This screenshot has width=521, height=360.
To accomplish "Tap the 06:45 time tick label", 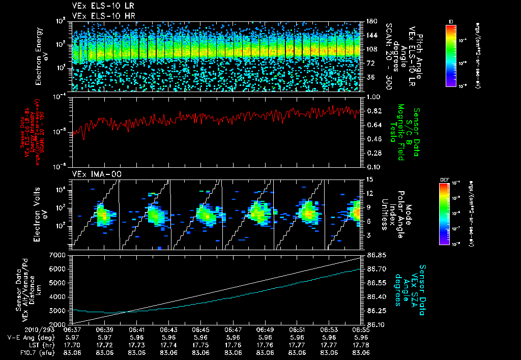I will point(201,329).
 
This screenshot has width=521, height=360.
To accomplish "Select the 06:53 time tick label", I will point(329,329).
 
